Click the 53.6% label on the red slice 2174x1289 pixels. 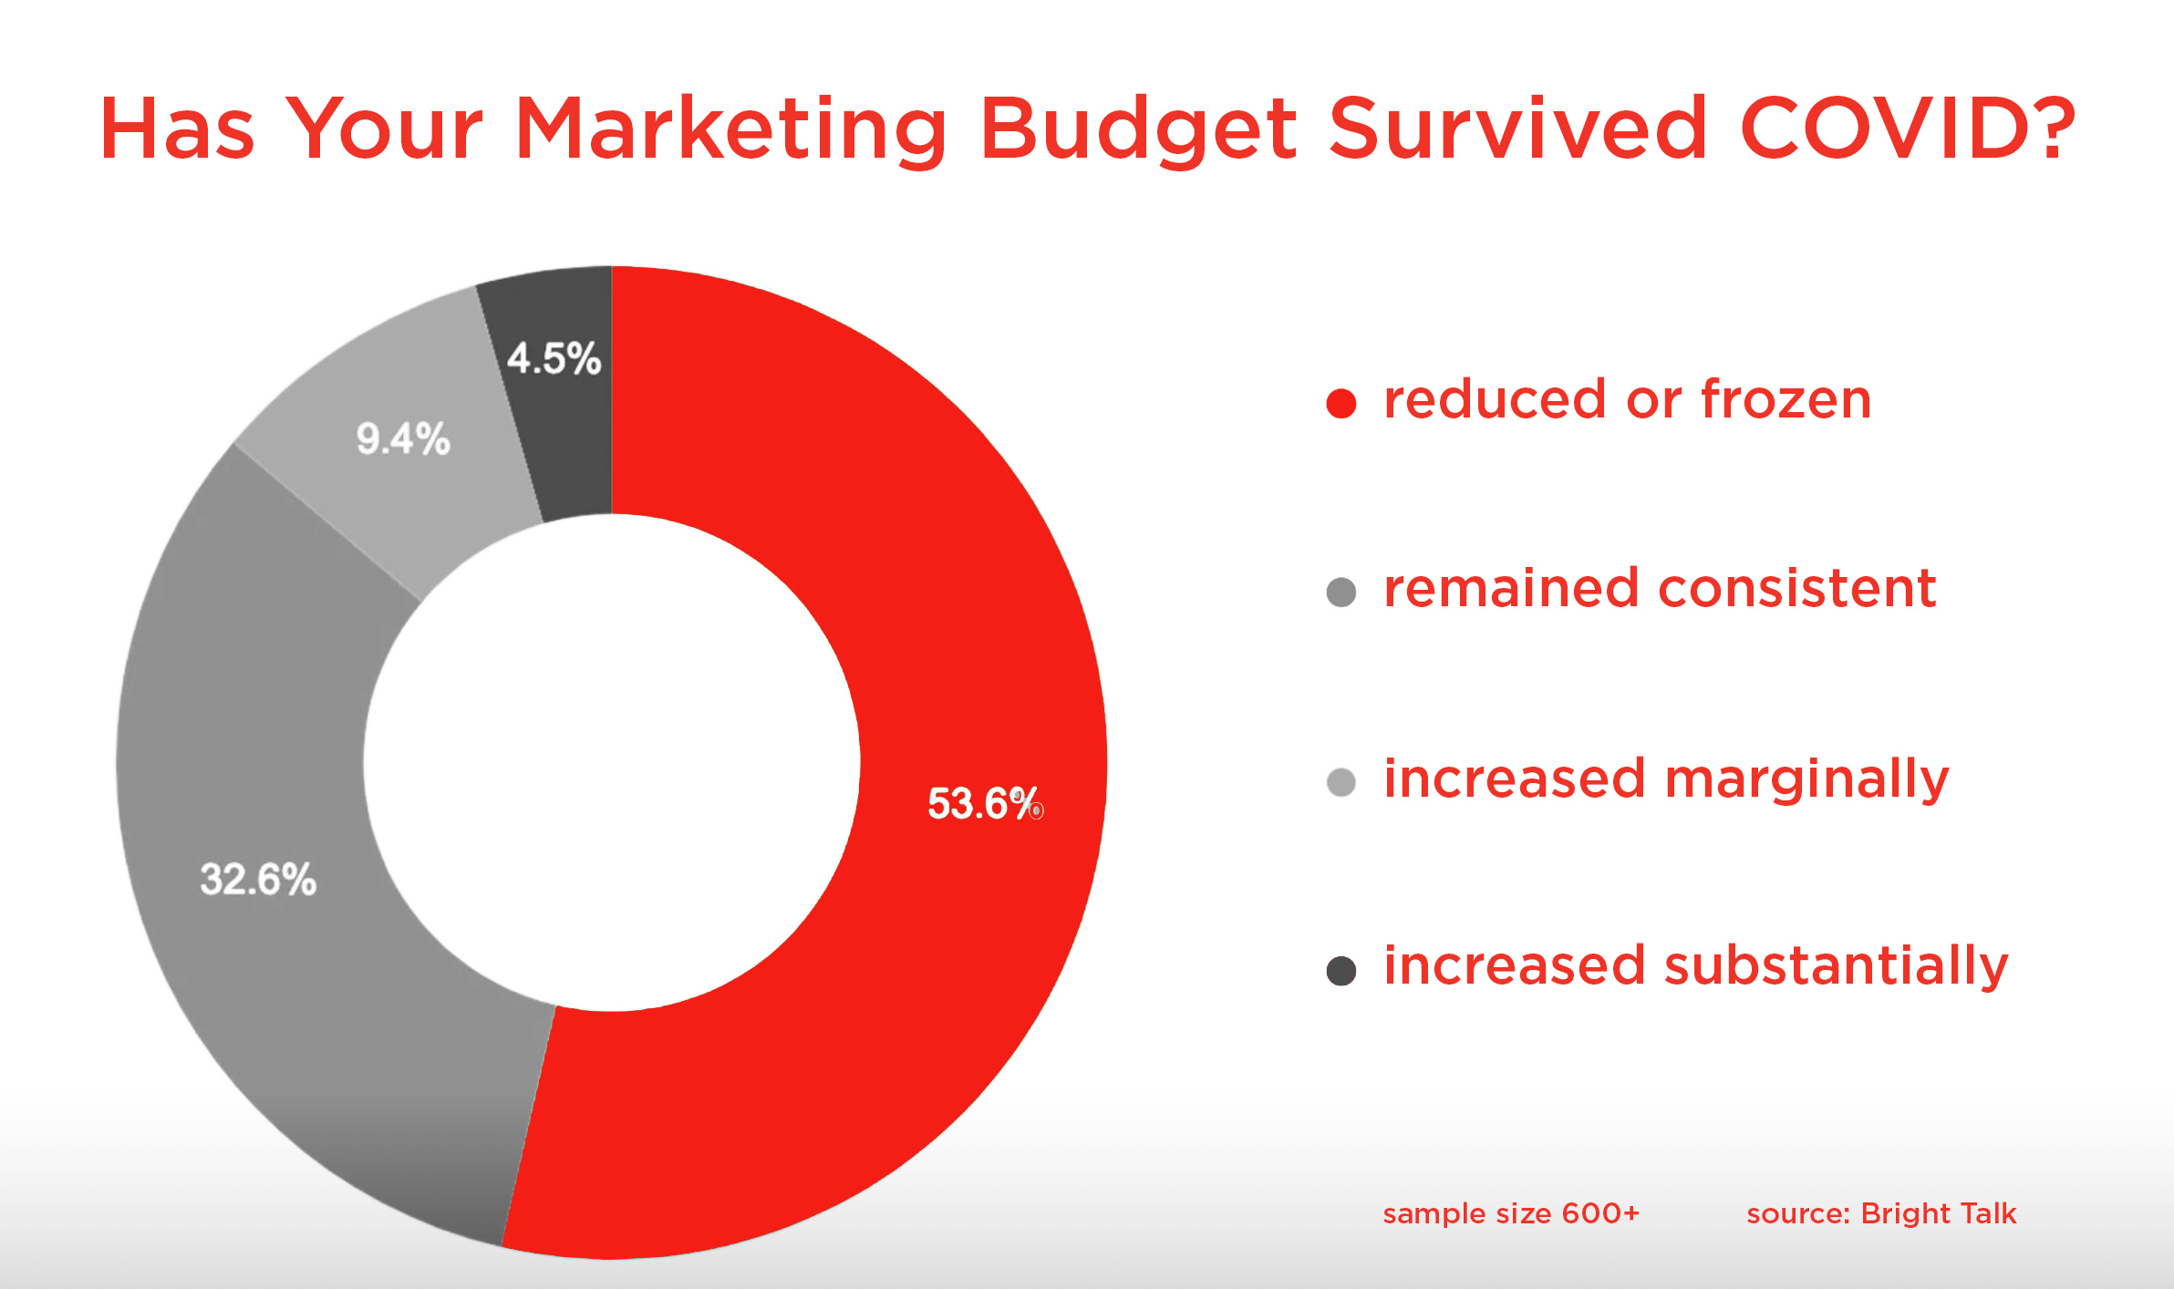point(985,803)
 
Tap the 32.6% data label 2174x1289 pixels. point(258,880)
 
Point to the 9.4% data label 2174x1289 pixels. point(403,438)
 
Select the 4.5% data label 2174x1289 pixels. point(554,358)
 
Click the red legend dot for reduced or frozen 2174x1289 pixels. point(1341,403)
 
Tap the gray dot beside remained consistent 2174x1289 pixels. point(1341,592)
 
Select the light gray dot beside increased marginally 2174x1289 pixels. point(1341,781)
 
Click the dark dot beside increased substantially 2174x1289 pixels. point(1341,970)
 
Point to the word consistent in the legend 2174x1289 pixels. point(1797,588)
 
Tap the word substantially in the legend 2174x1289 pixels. point(1837,966)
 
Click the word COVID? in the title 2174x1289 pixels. point(1908,129)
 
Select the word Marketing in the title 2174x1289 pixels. point(731,131)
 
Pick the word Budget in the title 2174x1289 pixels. point(1138,131)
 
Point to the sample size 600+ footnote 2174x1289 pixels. point(1511,1213)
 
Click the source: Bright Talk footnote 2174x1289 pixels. point(1881,1213)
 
